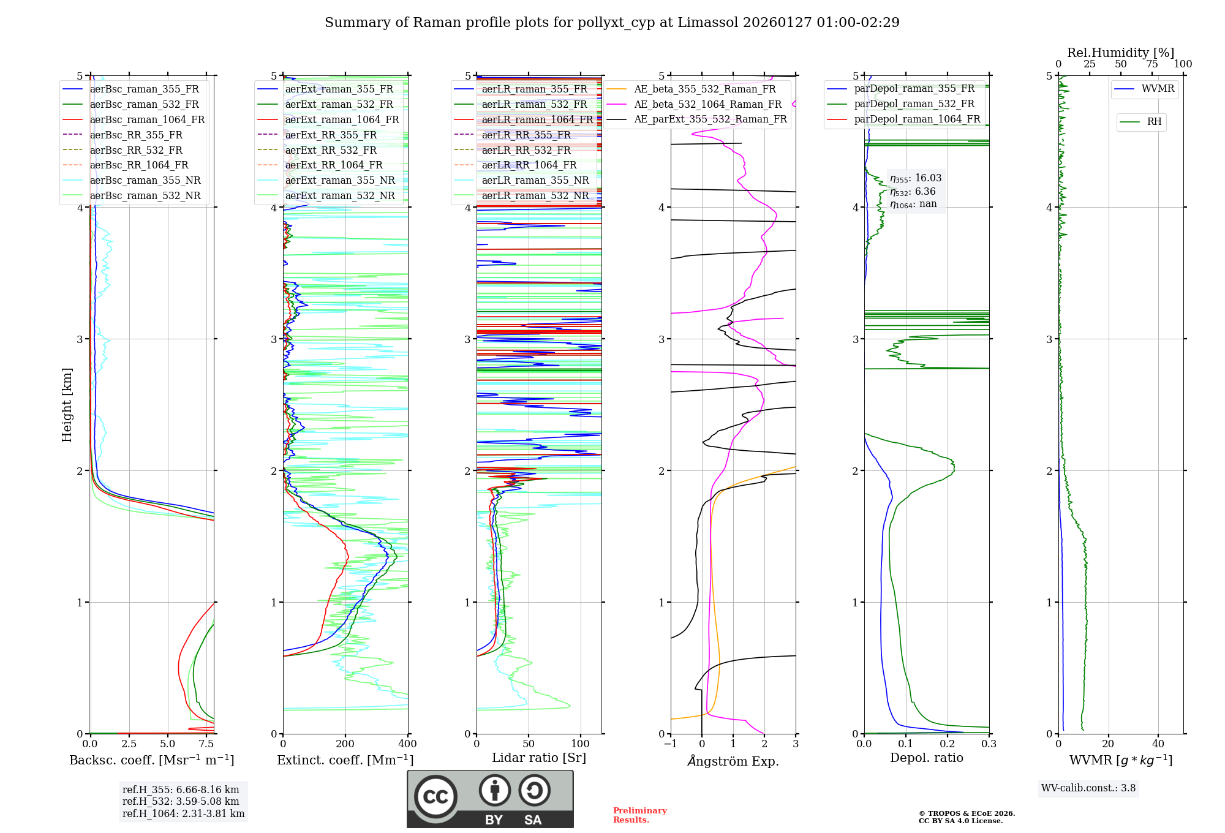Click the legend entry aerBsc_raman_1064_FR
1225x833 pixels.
pos(147,119)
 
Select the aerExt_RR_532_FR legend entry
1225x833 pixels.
pos(331,150)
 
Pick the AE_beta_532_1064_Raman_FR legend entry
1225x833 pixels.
pos(707,104)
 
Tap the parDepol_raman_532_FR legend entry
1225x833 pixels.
pos(914,104)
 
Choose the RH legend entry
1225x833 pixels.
pos(1154,122)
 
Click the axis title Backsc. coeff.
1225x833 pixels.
pos(151,760)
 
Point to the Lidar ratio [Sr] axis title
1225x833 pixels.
pos(539,758)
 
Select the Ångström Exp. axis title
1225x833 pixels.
pos(733,761)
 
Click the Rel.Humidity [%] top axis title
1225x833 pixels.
pos(1120,53)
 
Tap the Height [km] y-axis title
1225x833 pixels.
pos(67,405)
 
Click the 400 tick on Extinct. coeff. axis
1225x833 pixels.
pos(407,744)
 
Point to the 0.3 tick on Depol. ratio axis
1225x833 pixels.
pos(989,744)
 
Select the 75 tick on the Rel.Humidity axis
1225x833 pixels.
pos(1151,64)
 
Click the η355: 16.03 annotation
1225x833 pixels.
pos(916,178)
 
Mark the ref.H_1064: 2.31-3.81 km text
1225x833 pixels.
pos(183,813)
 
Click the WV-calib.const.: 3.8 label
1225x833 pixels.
pos(1088,788)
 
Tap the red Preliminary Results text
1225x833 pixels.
pos(639,815)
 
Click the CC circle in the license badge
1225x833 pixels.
pos(435,797)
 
